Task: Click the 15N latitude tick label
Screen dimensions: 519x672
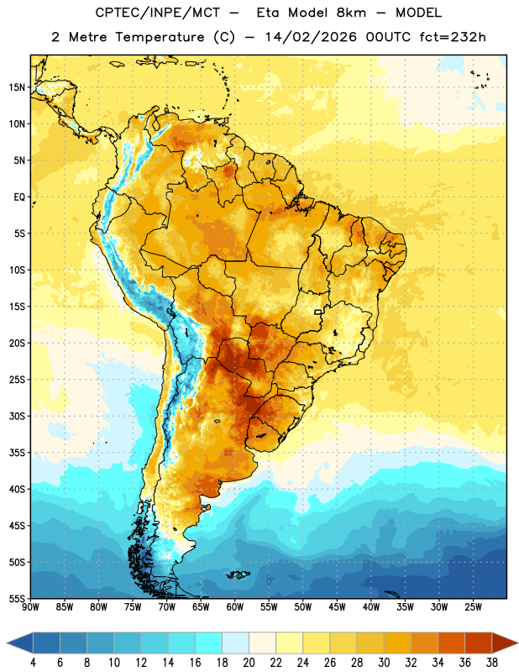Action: click(x=17, y=87)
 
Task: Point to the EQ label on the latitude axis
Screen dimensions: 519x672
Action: click(x=19, y=197)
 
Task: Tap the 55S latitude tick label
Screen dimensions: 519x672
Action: click(x=17, y=598)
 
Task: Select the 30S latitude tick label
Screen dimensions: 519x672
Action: click(x=17, y=416)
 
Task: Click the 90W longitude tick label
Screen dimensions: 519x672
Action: click(x=30, y=607)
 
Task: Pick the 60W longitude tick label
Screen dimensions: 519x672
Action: click(x=235, y=607)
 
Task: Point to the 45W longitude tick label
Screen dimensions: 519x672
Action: click(x=337, y=607)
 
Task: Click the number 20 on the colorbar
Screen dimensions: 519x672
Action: click(x=249, y=663)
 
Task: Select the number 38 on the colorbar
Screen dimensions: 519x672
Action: click(x=492, y=663)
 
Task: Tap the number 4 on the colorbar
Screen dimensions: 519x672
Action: click(x=33, y=663)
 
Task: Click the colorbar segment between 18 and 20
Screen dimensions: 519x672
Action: click(x=235, y=643)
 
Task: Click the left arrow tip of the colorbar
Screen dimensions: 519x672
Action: click(x=7, y=643)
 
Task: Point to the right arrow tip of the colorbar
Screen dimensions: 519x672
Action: click(x=518, y=643)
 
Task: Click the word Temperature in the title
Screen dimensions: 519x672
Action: click(x=160, y=37)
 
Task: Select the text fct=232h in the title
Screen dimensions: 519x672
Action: click(x=453, y=37)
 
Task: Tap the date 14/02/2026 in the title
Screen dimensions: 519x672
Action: click(x=311, y=37)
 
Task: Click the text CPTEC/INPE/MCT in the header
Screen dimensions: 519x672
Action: click(x=158, y=13)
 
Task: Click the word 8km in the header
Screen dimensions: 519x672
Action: click(x=351, y=13)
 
